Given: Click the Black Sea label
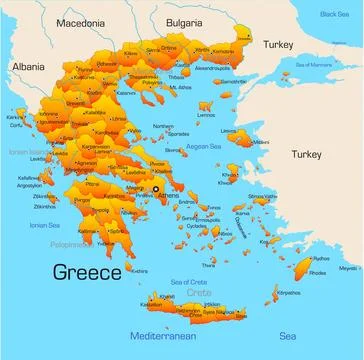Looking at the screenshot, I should point(335,14).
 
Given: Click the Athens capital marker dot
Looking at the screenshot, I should point(156,188).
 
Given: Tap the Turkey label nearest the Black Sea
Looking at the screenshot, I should point(279,45).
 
